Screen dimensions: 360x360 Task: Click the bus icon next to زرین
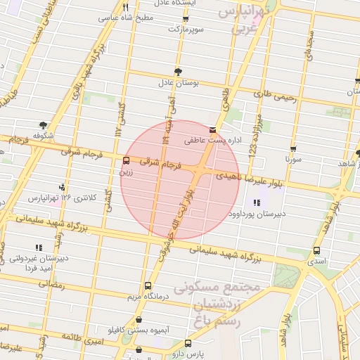126,160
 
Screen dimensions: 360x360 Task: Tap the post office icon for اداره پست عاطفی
213,130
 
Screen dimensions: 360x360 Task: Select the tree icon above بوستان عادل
179,72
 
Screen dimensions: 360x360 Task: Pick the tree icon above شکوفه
44,125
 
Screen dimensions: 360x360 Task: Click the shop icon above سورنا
293,149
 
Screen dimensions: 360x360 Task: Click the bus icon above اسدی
316,250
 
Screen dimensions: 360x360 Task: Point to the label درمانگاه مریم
149,297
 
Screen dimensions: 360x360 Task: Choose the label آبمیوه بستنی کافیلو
134,330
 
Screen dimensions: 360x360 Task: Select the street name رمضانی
51,285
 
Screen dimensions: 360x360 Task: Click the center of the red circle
180,180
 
